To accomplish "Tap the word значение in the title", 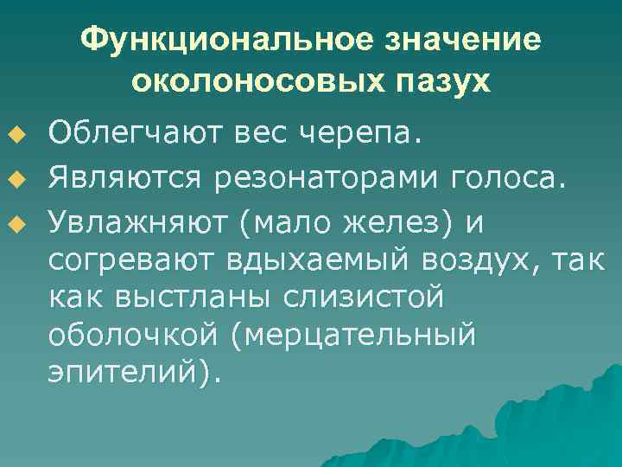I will point(459,40).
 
